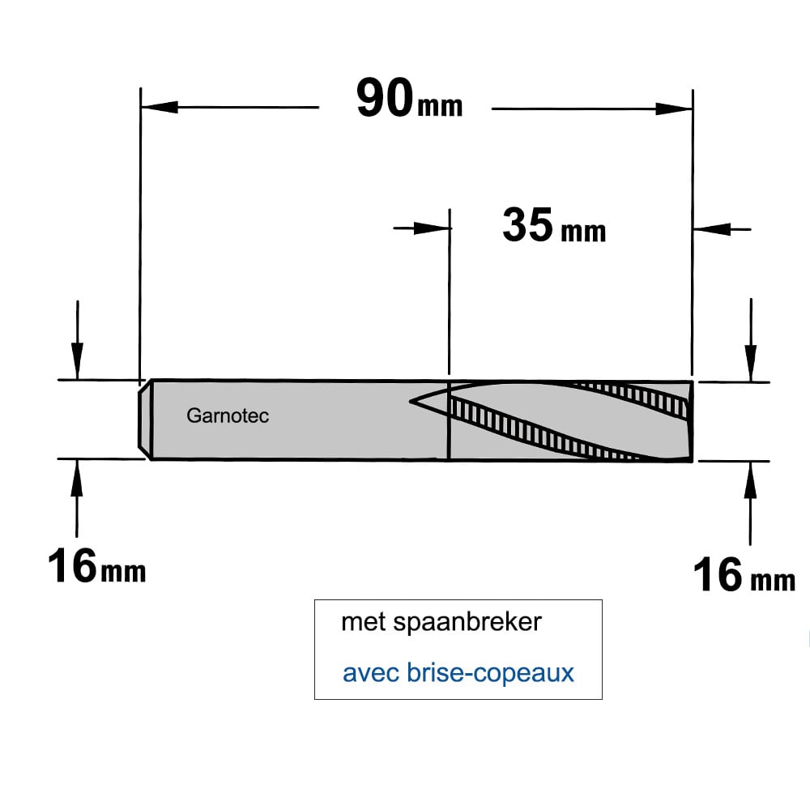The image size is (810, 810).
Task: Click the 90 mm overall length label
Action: [409, 98]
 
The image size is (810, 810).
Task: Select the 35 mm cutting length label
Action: [554, 225]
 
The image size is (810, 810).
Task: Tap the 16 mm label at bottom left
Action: [96, 566]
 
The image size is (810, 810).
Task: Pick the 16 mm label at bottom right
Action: [744, 574]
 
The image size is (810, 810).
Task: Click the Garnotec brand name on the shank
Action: [228, 416]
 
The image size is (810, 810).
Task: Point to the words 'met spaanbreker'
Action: [441, 622]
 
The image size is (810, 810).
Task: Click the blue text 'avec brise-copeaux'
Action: [458, 672]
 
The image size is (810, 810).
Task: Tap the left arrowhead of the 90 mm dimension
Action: [159, 107]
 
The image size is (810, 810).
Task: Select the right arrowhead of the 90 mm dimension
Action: [674, 109]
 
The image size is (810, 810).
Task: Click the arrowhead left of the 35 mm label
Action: [432, 228]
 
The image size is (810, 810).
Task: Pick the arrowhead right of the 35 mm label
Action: [712, 229]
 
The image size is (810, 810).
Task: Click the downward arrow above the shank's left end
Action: [77, 340]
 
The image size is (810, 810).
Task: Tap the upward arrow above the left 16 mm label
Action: [77, 498]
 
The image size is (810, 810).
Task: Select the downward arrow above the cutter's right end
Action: [751, 340]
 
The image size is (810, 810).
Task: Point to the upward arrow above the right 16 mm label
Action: [750, 503]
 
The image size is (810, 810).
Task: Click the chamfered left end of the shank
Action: [145, 420]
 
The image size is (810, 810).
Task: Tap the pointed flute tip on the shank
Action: [411, 401]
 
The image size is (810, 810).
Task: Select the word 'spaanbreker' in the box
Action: [467, 622]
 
